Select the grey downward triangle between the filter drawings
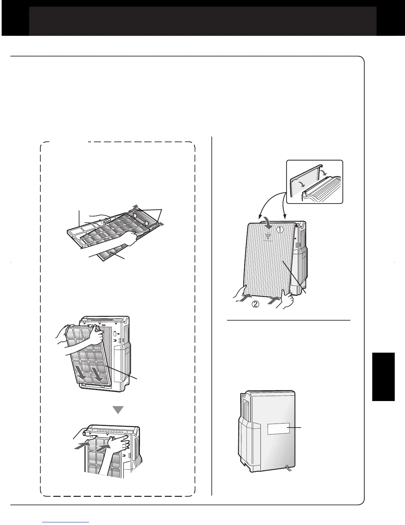(x=118, y=410)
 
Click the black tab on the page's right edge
(x=383, y=377)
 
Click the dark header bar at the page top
(x=202, y=21)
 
